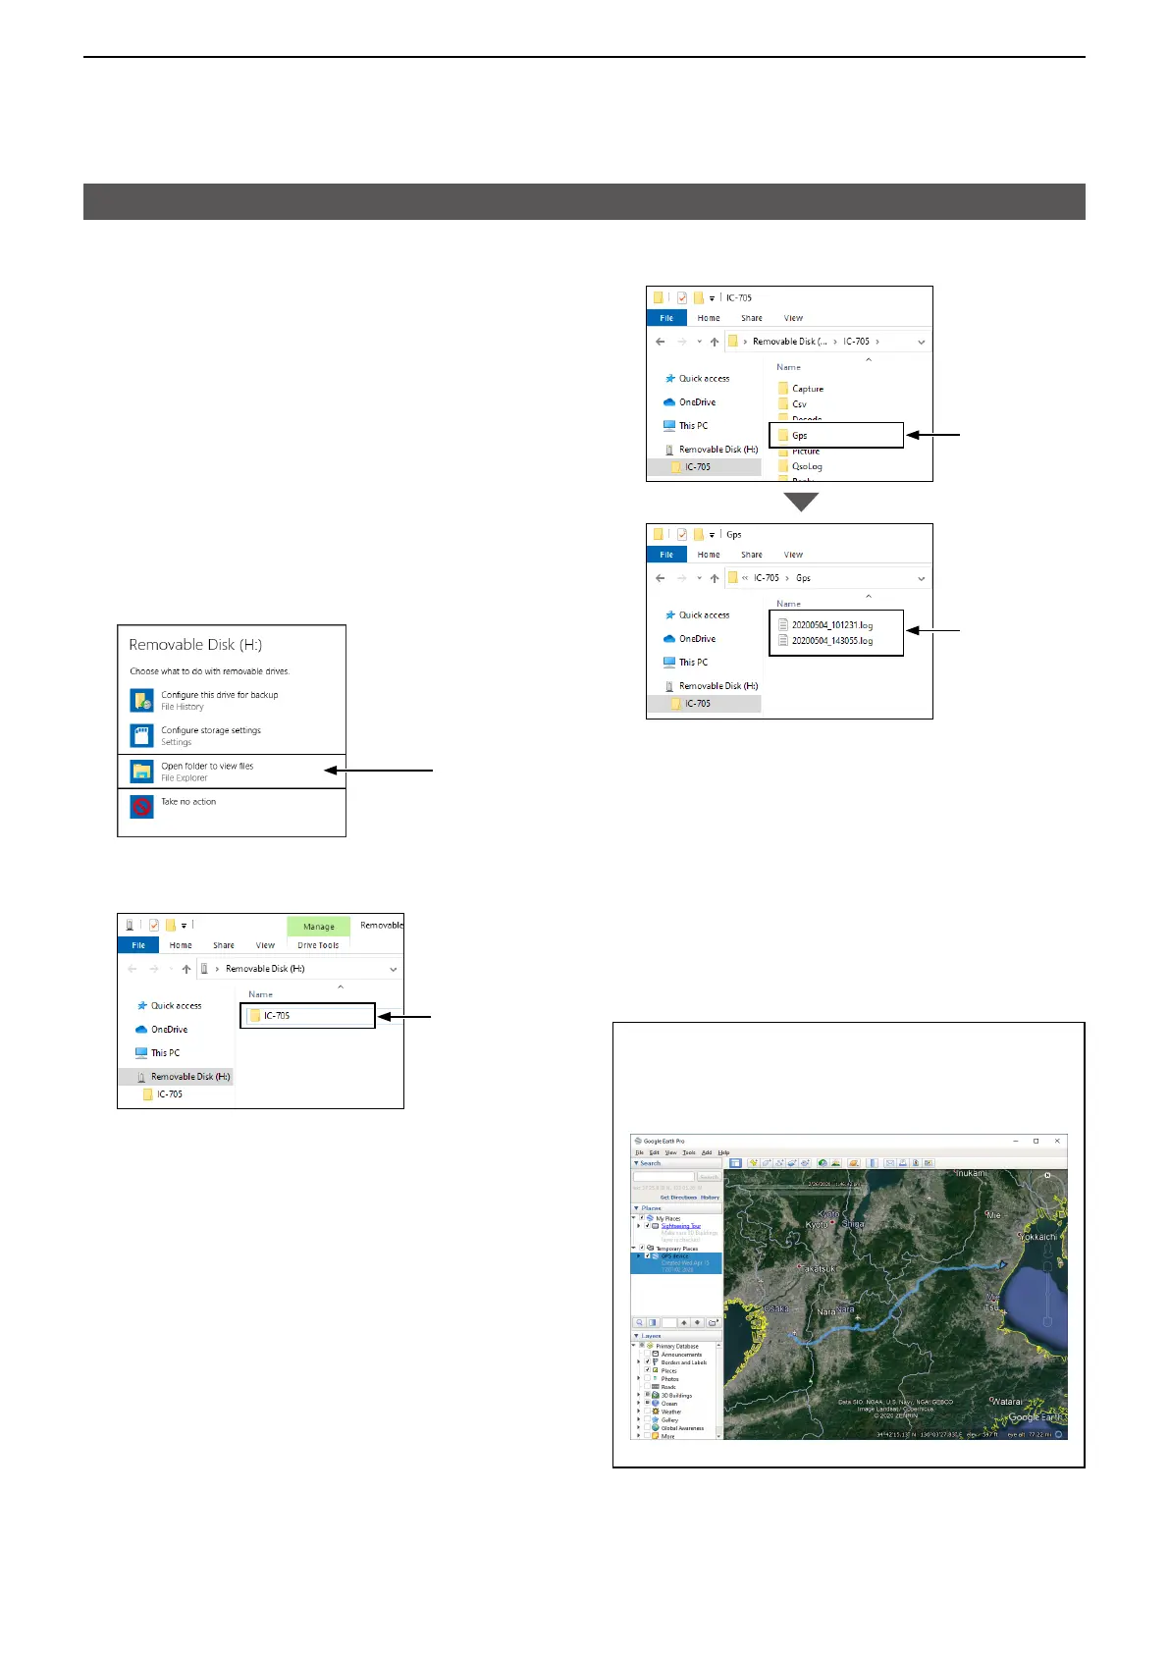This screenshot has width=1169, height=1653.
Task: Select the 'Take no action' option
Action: coord(188,802)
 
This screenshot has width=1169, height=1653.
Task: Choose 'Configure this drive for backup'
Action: coord(219,695)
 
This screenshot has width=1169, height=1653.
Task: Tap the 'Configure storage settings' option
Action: coord(210,730)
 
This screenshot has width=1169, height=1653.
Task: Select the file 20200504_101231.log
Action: coord(831,624)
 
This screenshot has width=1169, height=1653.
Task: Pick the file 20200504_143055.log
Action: coord(831,641)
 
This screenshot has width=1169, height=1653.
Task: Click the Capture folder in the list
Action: coord(807,389)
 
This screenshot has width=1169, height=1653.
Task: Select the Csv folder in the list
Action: coord(799,404)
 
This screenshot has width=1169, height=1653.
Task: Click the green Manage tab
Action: coord(318,927)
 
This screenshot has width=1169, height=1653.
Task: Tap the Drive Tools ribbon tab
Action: coord(318,945)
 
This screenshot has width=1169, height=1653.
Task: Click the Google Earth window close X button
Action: coord(1057,1141)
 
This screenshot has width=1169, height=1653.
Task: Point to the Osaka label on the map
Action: coord(777,1308)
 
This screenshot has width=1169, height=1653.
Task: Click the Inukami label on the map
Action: coord(972,1173)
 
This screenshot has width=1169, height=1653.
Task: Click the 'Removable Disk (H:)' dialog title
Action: coord(195,645)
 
